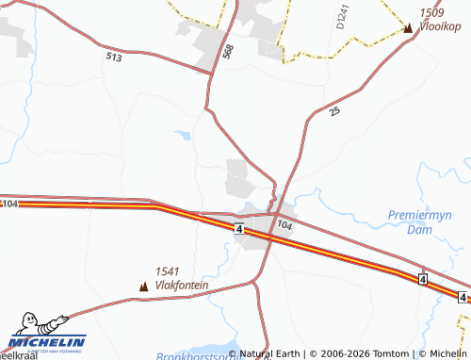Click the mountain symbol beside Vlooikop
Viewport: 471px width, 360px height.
click(408, 28)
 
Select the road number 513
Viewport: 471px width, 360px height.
click(115, 57)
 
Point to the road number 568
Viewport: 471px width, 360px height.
click(228, 53)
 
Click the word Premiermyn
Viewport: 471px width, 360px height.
click(420, 216)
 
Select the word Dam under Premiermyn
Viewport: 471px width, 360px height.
click(419, 229)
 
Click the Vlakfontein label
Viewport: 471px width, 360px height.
click(183, 285)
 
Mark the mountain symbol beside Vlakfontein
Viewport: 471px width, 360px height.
click(144, 285)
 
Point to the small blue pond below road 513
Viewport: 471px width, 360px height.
click(185, 136)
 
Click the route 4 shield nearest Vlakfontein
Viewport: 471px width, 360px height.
click(240, 229)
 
